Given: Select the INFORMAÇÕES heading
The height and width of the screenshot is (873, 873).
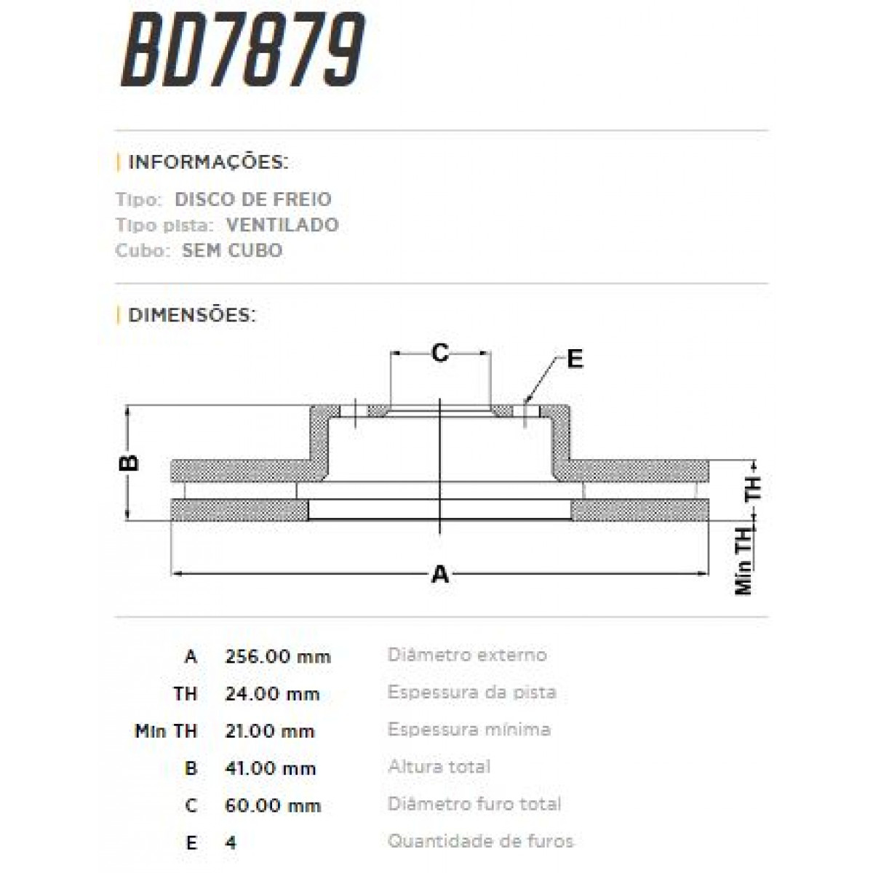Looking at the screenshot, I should (207, 162).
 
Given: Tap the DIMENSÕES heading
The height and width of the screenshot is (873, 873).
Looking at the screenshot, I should (191, 315).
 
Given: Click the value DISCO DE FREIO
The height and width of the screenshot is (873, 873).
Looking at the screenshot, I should (253, 199).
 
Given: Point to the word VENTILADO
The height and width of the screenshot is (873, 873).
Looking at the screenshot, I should (282, 225).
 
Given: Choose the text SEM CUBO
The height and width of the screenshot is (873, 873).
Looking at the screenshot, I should (232, 250).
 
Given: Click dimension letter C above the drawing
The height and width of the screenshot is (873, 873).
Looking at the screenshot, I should (439, 354).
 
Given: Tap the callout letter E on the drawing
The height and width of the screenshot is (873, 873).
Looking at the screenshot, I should (575, 359).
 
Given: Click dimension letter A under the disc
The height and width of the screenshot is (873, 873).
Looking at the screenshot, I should (440, 575).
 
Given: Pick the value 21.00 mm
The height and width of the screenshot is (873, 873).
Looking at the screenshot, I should (270, 731).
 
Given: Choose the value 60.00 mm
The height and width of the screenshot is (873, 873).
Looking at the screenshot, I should (273, 805).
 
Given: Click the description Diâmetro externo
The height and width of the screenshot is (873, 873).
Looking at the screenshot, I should (467, 655).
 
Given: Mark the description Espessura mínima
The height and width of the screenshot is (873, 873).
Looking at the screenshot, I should (469, 730).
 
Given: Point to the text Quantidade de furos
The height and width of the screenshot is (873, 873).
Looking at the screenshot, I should (480, 842).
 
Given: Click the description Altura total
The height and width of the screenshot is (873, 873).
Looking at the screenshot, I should (439, 767).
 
